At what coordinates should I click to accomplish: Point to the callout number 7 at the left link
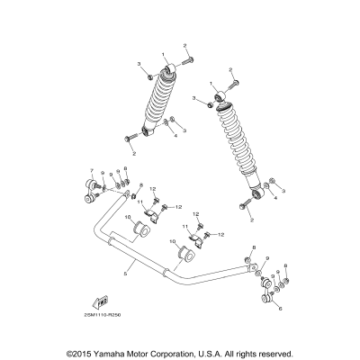[91, 170]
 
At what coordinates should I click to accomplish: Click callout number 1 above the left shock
[164, 56]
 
